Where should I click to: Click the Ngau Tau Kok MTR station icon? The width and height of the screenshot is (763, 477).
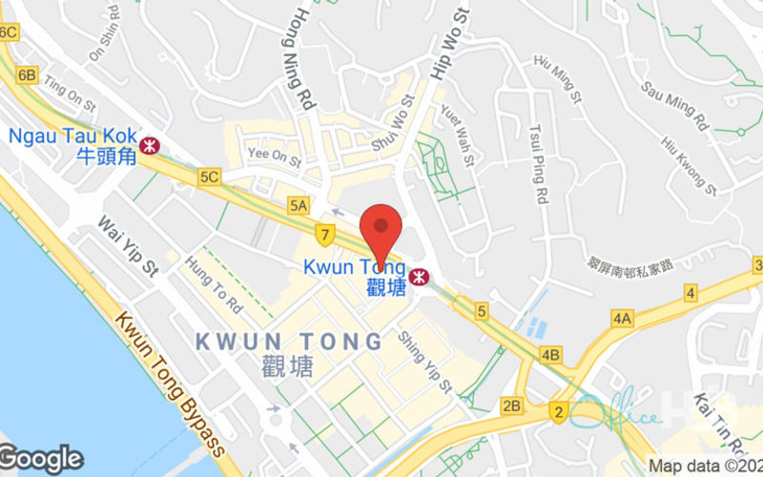pos(149,145)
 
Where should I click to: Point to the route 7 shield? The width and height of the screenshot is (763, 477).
pos(325,232)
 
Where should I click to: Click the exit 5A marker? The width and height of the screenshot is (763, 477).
pos(299,205)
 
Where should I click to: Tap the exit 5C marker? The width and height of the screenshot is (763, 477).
pos(210,176)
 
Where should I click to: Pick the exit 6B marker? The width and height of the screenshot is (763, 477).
pos(27,74)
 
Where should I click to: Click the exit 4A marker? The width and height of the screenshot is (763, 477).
pos(623,318)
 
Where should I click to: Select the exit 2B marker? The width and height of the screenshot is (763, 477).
pos(512,405)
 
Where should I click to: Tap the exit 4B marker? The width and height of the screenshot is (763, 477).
pos(550,355)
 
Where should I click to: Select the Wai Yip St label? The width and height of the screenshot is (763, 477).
pos(127,246)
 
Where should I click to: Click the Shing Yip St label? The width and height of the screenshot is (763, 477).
pos(424,362)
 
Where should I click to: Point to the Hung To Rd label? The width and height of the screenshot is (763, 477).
pos(214,285)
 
